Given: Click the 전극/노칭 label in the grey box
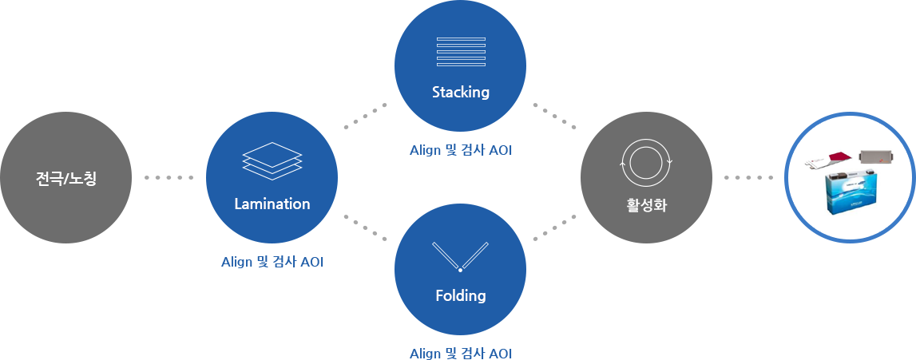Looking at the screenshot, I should (x=66, y=178).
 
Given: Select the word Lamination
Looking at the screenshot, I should (x=272, y=204).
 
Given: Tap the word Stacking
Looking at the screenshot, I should (x=460, y=92).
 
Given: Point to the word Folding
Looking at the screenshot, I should (x=460, y=295).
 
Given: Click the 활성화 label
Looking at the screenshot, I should (x=646, y=205).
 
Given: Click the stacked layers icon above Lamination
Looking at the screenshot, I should (x=272, y=160).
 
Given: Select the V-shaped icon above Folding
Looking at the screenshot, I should (x=460, y=255).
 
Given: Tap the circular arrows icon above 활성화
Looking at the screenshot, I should (x=646, y=162).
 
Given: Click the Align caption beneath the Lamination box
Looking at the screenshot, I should (x=272, y=262).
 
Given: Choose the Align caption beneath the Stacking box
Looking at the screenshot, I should (x=460, y=150).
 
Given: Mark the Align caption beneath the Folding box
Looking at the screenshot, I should (x=460, y=354).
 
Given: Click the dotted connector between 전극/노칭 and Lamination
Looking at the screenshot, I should (x=169, y=177).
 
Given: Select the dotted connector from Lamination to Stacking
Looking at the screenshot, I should (x=365, y=115).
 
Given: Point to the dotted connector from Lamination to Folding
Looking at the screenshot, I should (x=365, y=227).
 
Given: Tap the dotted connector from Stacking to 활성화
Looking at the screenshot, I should (x=554, y=116).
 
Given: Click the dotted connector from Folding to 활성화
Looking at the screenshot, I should (x=554, y=227).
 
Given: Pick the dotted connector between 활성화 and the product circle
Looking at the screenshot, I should (x=748, y=177).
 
